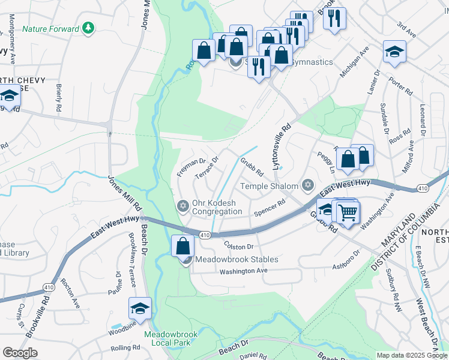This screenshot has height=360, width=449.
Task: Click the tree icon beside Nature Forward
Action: [89, 28]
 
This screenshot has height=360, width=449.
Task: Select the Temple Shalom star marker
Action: [308, 185]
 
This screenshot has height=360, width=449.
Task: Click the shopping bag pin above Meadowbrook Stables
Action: [182, 247]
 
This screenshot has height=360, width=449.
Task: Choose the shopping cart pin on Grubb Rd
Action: [348, 212]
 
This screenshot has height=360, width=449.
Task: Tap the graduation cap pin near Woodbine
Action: [139, 309]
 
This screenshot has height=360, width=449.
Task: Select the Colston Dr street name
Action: [240, 246]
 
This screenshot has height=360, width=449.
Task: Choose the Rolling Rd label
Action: [125, 347]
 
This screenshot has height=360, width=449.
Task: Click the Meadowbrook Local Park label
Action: [167, 338]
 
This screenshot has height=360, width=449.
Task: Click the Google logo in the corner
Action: [20, 353]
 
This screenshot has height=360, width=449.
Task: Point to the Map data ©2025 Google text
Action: [412, 355]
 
